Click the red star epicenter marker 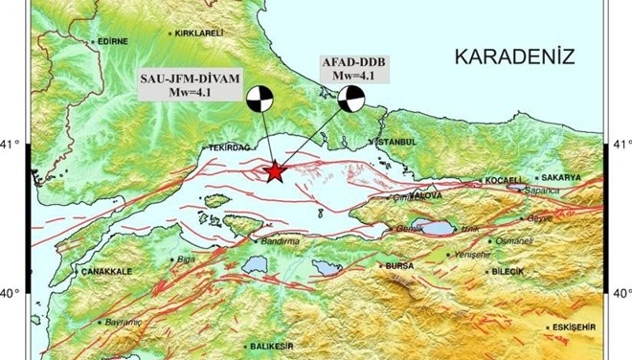click(276, 171)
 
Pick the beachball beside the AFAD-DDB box click(351, 99)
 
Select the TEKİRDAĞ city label click(228, 148)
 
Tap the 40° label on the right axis click(621, 293)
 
